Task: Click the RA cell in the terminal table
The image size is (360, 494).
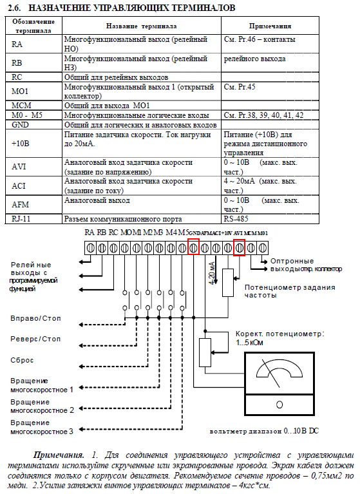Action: pyautogui.click(x=17, y=44)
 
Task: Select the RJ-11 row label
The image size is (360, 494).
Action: pyautogui.click(x=21, y=218)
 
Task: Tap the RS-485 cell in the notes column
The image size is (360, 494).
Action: pyautogui.click(x=236, y=218)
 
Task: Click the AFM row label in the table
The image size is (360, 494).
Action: pyautogui.click(x=20, y=204)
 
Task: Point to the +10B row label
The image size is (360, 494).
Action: pyautogui.click(x=20, y=144)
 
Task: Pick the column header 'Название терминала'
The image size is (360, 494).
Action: pyautogui.click(x=141, y=26)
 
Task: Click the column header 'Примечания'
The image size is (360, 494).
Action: pyautogui.click(x=270, y=26)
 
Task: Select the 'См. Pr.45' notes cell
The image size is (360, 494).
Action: pyautogui.click(x=240, y=87)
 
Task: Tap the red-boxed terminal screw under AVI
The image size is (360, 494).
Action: pyautogui.click(x=240, y=247)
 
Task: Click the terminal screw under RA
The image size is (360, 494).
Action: pyautogui.click(x=90, y=248)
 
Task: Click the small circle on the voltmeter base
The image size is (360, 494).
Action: pyautogui.click(x=279, y=404)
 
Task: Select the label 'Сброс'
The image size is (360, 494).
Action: pyautogui.click(x=22, y=360)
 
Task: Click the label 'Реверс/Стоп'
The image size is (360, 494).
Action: pyautogui.click(x=35, y=339)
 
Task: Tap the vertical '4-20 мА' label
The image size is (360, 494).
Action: pyautogui.click(x=213, y=273)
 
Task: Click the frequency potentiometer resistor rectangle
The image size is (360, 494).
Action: pyautogui.click(x=228, y=283)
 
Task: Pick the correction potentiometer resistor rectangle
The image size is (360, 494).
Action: pyautogui.click(x=205, y=352)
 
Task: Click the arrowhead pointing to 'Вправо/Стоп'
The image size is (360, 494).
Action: pyautogui.click(x=81, y=325)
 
